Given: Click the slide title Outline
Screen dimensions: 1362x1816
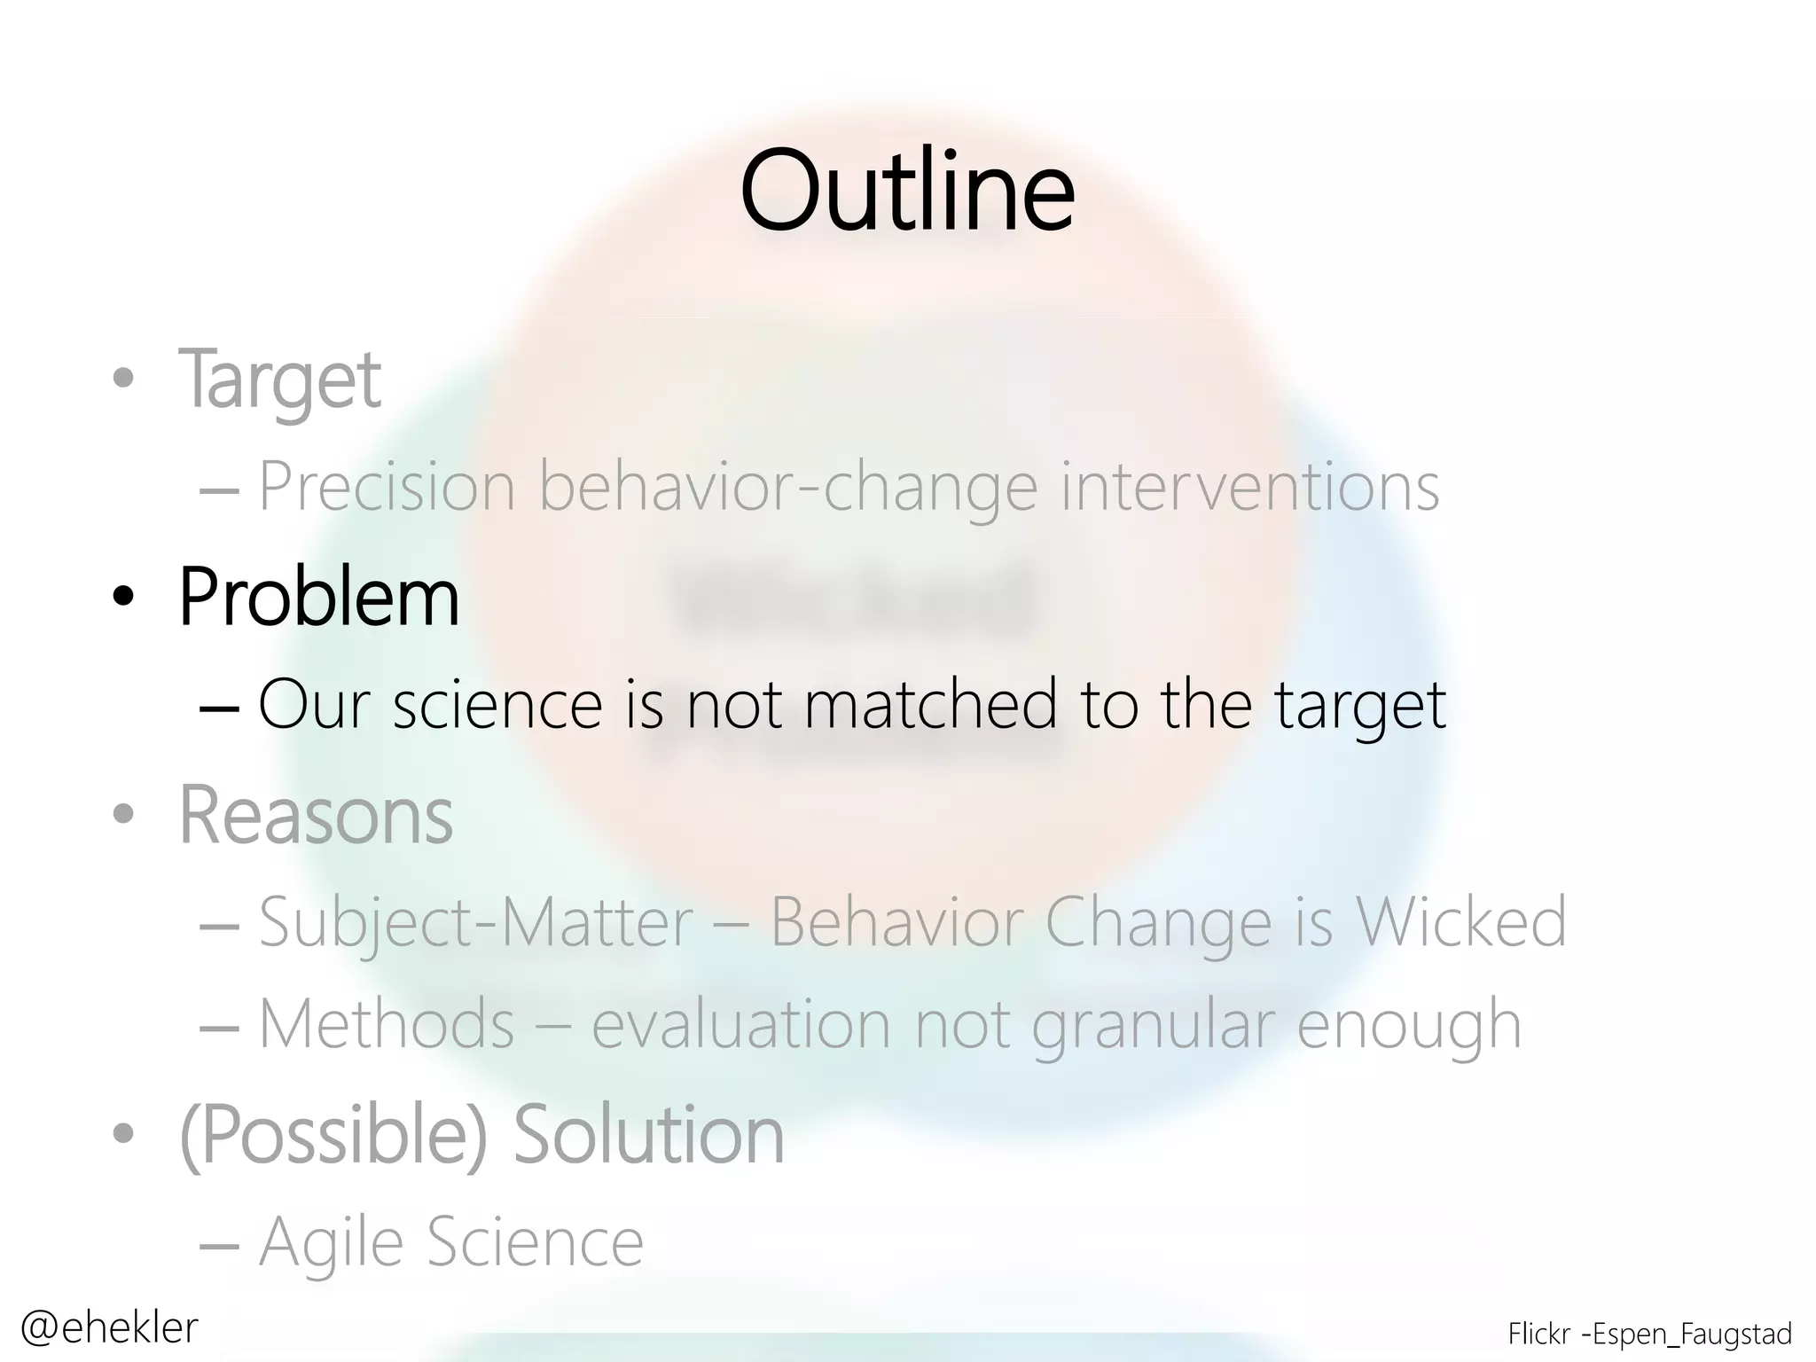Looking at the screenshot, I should pyautogui.click(x=907, y=191).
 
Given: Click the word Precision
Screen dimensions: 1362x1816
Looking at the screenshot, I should pyautogui.click(x=387, y=487).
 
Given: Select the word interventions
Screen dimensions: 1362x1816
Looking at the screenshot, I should pyautogui.click(x=1249, y=487).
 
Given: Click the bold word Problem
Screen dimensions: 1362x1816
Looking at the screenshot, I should pyautogui.click(x=319, y=597).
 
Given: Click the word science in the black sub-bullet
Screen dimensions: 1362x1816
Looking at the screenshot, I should pyautogui.click(x=497, y=705).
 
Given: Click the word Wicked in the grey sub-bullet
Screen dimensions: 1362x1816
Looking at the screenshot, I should pyautogui.click(x=1461, y=922).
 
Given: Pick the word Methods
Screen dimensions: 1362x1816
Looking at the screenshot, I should pyautogui.click(x=387, y=1024).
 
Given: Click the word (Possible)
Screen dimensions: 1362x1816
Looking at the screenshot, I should pyautogui.click(x=334, y=1136).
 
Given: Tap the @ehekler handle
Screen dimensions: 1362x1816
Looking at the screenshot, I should pyautogui.click(x=109, y=1327).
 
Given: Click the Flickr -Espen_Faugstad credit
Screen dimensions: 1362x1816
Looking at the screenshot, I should pyautogui.click(x=1649, y=1334).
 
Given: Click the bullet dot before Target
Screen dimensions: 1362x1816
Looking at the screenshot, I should pyautogui.click(x=123, y=380).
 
